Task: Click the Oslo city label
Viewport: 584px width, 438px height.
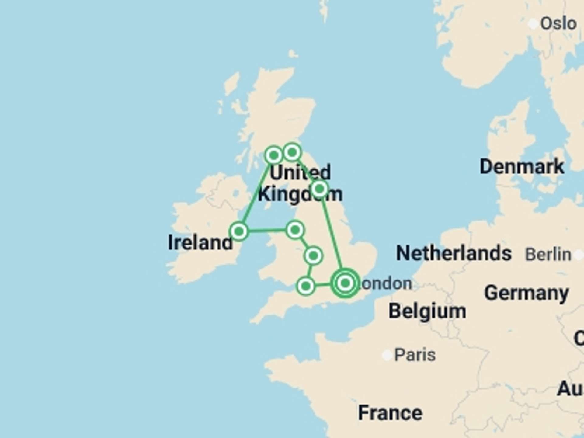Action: click(x=558, y=24)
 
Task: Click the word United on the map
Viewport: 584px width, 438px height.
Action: click(x=300, y=172)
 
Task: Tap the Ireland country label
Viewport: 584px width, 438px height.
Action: click(x=200, y=242)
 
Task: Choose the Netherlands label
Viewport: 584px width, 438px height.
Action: click(x=454, y=253)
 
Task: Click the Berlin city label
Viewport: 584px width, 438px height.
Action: click(x=548, y=254)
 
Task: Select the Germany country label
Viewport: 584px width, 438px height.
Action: click(x=526, y=293)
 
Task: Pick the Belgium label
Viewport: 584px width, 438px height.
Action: click(x=427, y=311)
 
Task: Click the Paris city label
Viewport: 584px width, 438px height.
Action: click(x=415, y=355)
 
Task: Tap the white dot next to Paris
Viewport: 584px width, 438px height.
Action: click(x=387, y=355)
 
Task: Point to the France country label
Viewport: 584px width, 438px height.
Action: click(x=390, y=413)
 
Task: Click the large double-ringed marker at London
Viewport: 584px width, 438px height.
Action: click(x=345, y=283)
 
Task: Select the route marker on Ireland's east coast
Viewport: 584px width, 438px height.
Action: click(x=239, y=231)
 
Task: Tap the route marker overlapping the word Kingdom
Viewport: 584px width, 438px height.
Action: click(x=319, y=189)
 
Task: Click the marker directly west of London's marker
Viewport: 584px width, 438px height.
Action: click(x=306, y=286)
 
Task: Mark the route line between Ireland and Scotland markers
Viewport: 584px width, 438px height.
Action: click(x=256, y=193)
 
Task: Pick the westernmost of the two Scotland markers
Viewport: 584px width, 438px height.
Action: click(x=273, y=155)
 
